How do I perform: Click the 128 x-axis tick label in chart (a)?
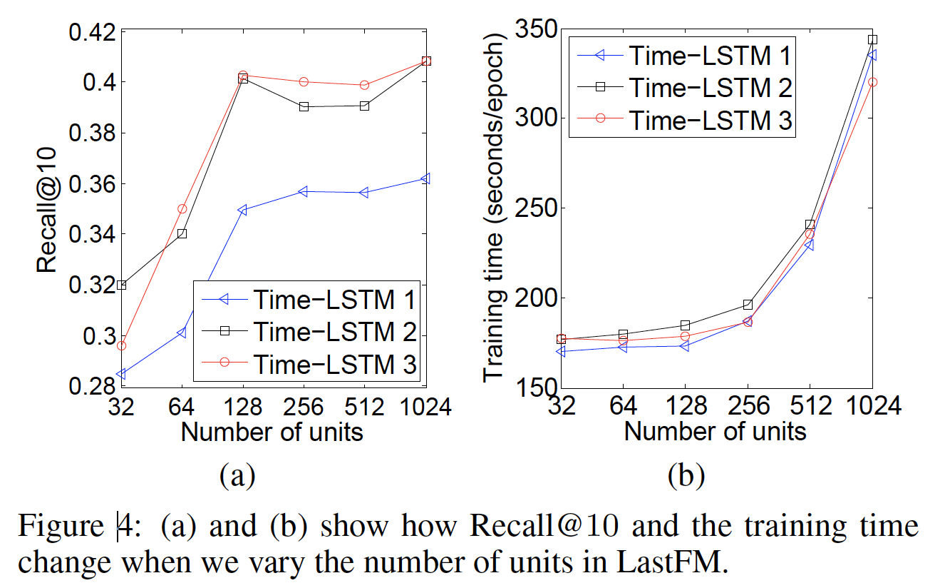point(243,407)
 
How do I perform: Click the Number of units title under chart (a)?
point(272,432)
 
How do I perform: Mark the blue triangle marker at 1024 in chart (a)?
point(425,178)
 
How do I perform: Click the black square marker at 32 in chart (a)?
point(121,285)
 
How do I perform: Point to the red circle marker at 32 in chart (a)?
point(121,345)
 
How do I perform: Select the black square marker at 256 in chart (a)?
point(304,106)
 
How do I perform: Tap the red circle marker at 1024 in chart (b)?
point(872,82)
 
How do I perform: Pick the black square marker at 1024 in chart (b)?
point(872,39)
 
